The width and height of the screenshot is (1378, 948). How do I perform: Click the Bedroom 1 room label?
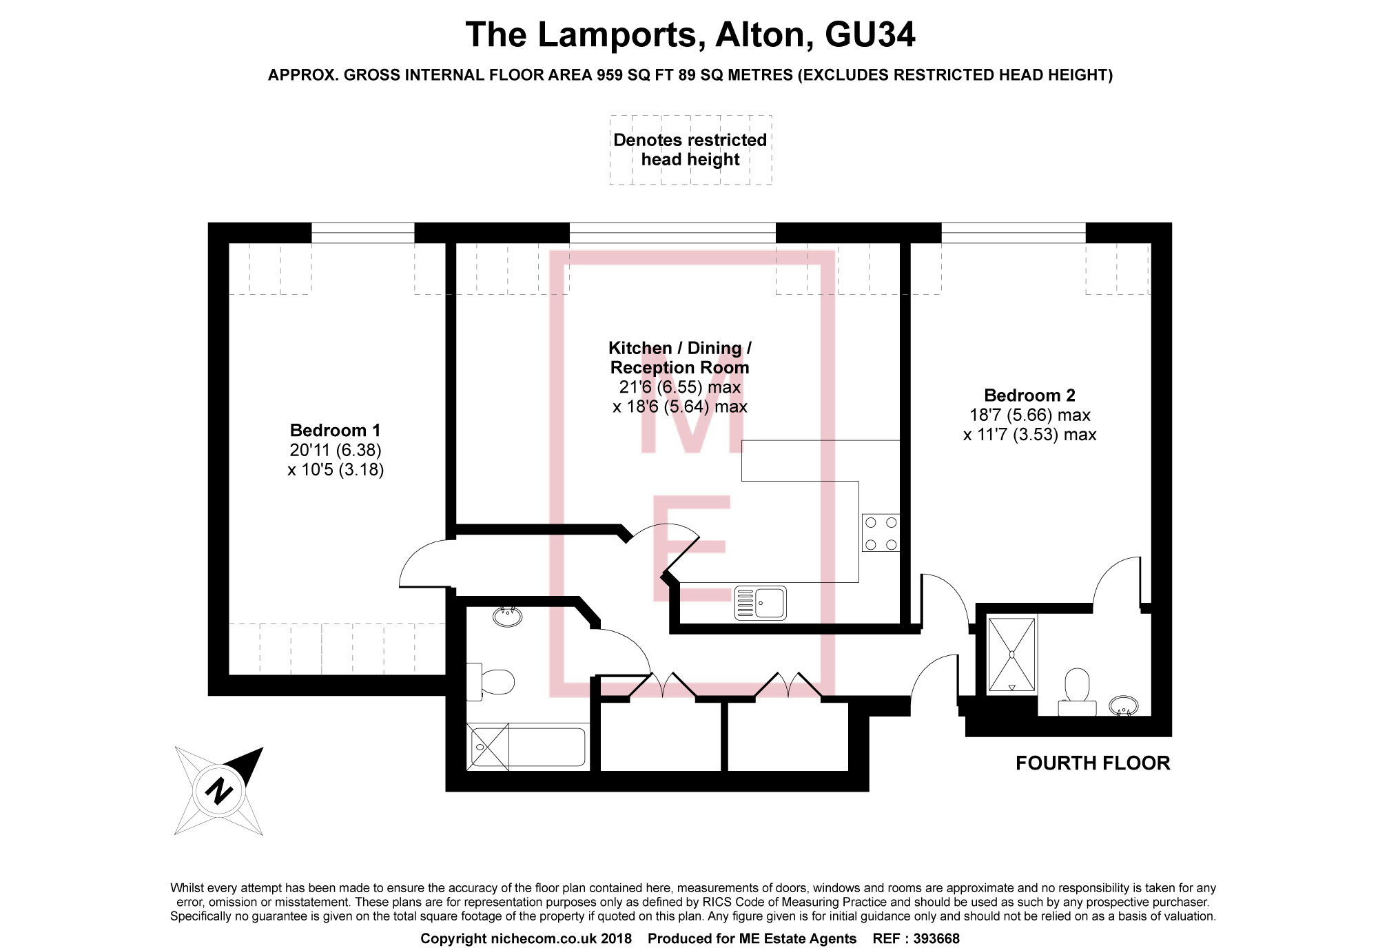335,431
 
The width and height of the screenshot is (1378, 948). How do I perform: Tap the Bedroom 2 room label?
1029,395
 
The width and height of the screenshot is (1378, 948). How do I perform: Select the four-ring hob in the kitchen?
881,533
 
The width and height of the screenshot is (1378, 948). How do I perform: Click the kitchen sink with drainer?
761,603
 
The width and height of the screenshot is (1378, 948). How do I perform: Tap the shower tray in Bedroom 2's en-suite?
1011,655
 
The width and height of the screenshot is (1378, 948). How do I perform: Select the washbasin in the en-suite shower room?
1123,705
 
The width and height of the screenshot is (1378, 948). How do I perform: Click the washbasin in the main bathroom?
508,615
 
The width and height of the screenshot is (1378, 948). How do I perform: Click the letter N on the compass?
219,790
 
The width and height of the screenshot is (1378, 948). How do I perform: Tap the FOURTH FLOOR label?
1093,763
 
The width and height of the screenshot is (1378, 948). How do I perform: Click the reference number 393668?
936,938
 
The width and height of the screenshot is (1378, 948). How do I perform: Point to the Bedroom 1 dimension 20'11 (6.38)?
335,450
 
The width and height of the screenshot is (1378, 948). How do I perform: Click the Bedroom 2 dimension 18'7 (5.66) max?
1029,415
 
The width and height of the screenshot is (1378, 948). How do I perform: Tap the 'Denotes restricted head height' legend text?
690,150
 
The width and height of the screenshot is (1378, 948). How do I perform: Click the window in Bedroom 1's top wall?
363,233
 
